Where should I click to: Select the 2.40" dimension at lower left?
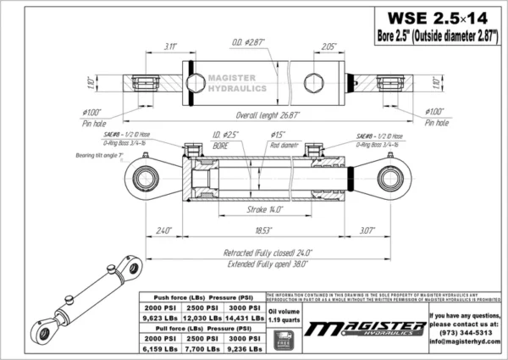pyautogui.click(x=164, y=230)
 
